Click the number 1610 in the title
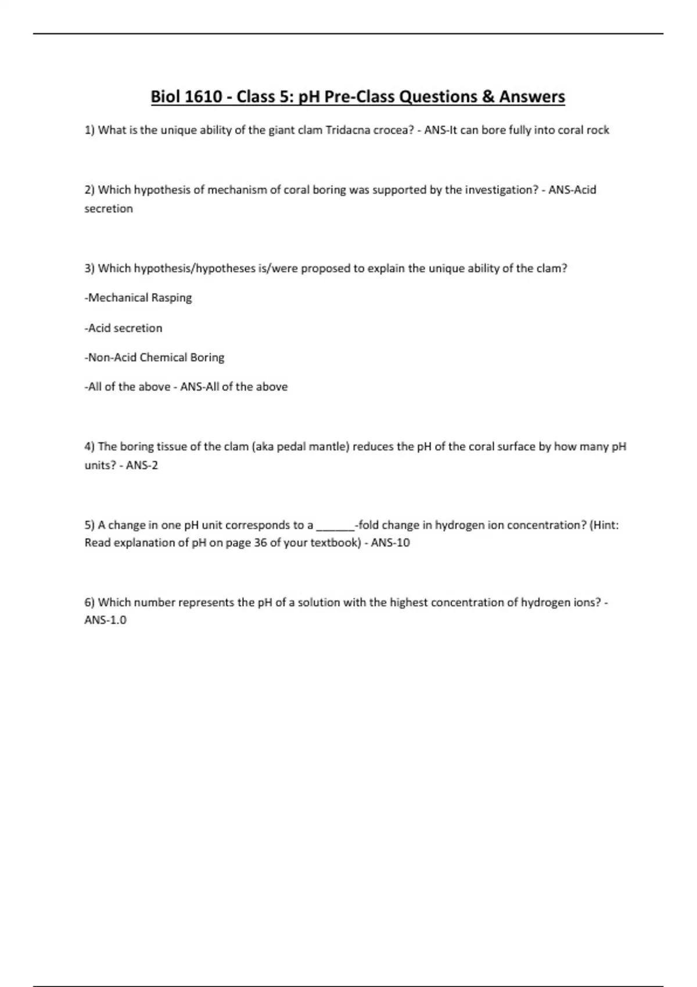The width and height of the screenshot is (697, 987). [203, 96]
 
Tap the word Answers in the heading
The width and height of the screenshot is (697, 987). [531, 96]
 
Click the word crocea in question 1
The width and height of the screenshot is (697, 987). [393, 130]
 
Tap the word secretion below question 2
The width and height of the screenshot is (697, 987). [109, 208]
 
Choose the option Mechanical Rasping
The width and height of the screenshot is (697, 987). [138, 298]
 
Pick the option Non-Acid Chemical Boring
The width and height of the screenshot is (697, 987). [155, 358]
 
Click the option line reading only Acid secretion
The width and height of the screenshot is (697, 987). [124, 328]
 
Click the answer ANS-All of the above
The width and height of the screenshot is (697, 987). [233, 387]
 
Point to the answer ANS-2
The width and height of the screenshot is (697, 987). [142, 465]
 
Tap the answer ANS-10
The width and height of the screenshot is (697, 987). [390, 543]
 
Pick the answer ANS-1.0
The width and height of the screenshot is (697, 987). [105, 620]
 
